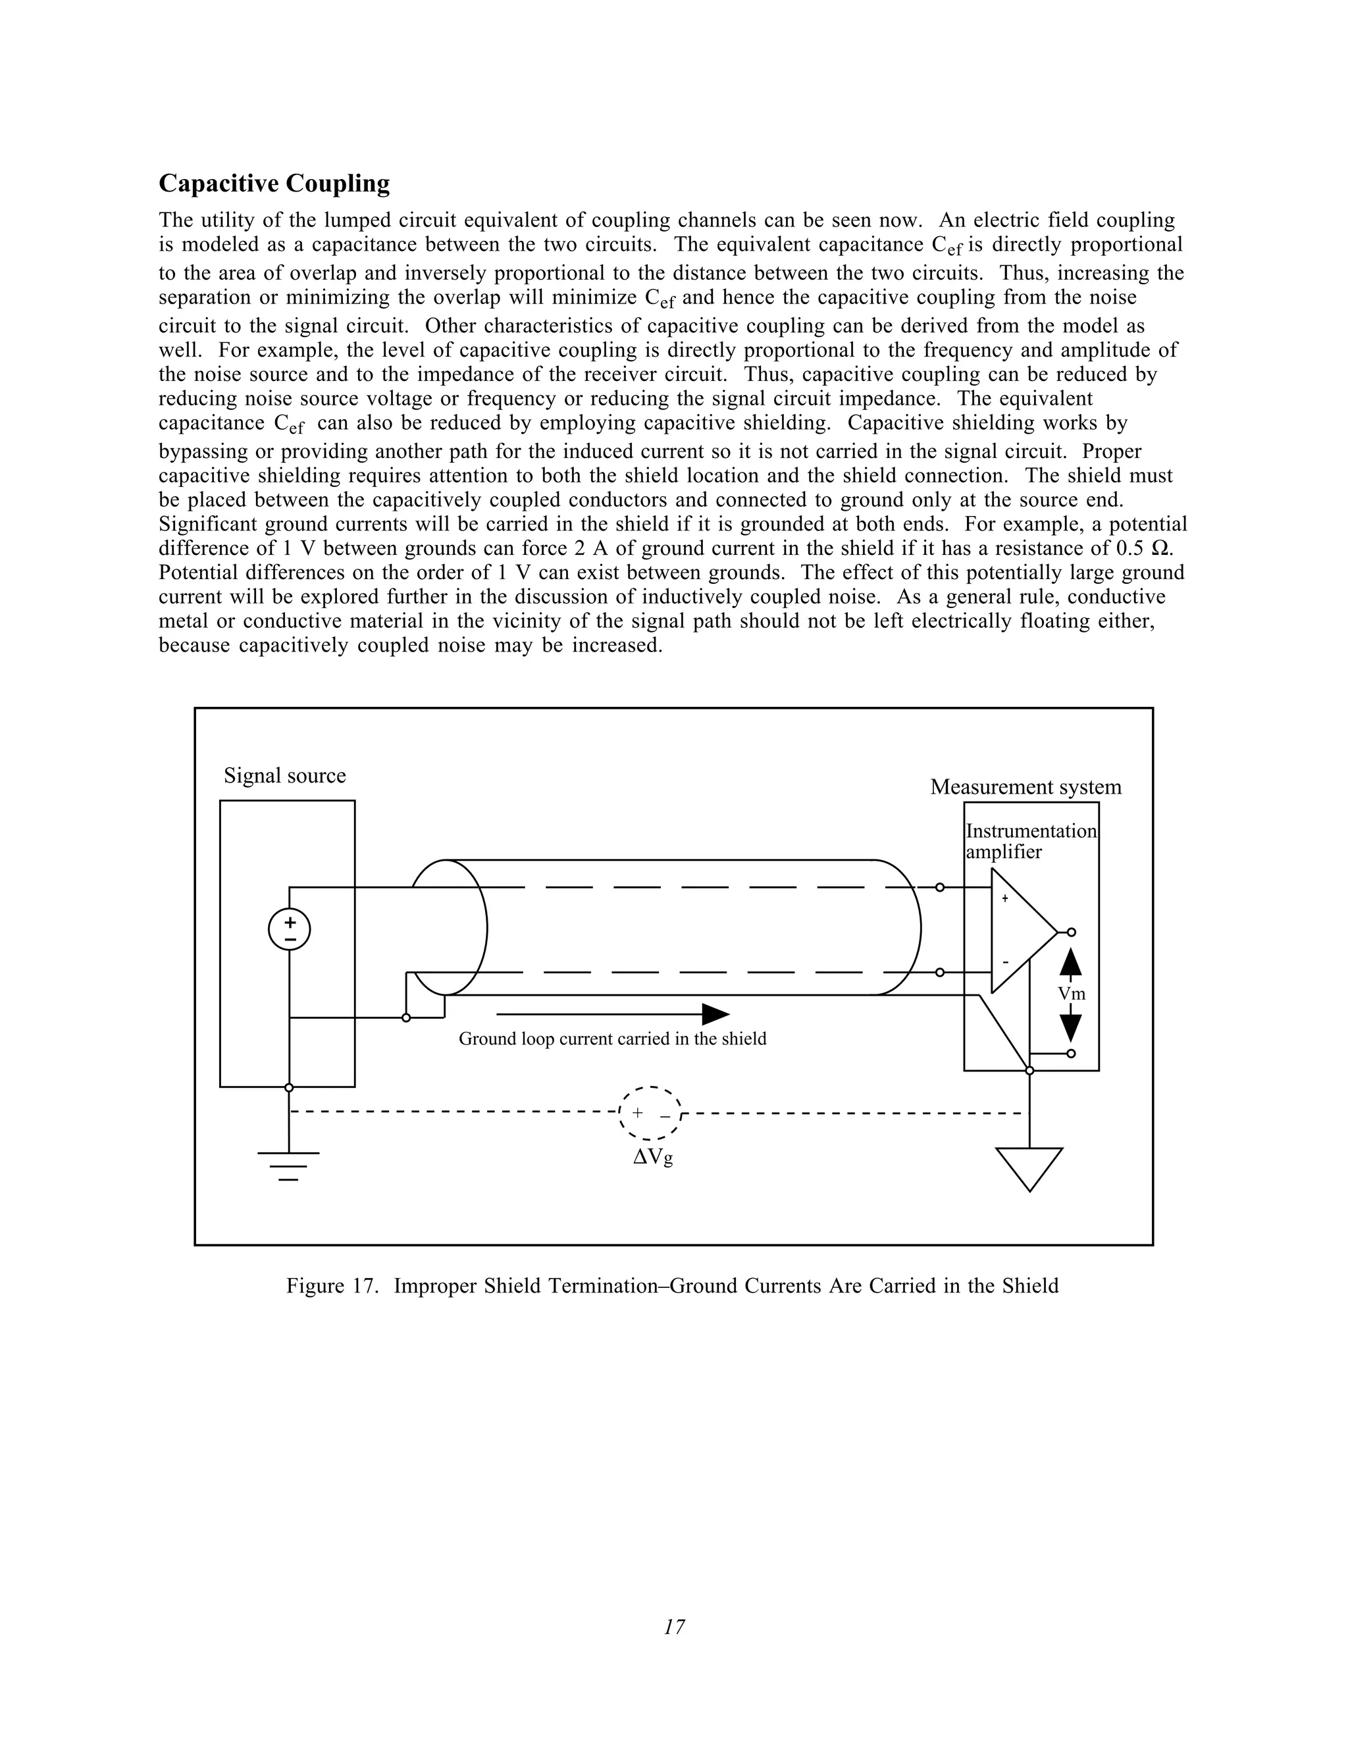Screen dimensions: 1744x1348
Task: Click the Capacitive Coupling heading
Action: click(x=274, y=184)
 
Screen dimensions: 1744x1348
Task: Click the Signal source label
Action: click(x=284, y=775)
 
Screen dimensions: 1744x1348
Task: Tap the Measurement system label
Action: click(x=1025, y=787)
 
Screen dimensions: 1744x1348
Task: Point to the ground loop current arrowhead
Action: click(x=715, y=1014)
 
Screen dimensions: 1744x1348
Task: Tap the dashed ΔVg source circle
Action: click(x=651, y=1113)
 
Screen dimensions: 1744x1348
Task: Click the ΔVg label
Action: click(x=652, y=1157)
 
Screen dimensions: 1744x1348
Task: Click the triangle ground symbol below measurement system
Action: click(x=1029, y=1167)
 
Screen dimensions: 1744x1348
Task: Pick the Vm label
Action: click(x=1072, y=993)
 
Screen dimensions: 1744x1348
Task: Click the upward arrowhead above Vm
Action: click(x=1071, y=962)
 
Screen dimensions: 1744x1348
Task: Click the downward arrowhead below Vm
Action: click(x=1071, y=1026)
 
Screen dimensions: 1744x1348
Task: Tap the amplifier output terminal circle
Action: click(x=1072, y=932)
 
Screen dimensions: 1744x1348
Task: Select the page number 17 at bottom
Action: click(x=674, y=1627)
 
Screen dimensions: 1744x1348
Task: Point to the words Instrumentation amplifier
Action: click(x=1031, y=841)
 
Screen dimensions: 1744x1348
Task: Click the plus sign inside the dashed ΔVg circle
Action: click(x=637, y=1112)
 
